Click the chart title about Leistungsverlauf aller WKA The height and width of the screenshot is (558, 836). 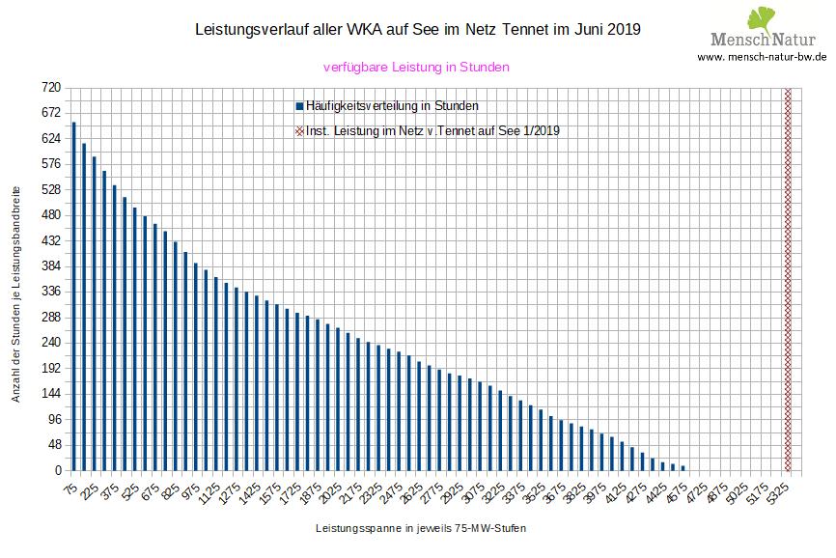(x=417, y=30)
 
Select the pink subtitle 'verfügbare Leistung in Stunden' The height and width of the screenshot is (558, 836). (x=415, y=68)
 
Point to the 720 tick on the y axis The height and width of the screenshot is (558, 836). (x=50, y=88)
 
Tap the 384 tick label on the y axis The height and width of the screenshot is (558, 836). (x=50, y=265)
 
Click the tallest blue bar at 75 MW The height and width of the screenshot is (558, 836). (x=73, y=296)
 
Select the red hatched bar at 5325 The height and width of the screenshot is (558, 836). (x=788, y=279)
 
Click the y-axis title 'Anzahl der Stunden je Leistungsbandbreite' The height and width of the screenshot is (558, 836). (x=16, y=279)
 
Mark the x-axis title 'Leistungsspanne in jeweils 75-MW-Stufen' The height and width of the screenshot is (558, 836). (x=421, y=529)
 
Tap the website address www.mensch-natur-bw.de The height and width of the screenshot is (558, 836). (x=762, y=58)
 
